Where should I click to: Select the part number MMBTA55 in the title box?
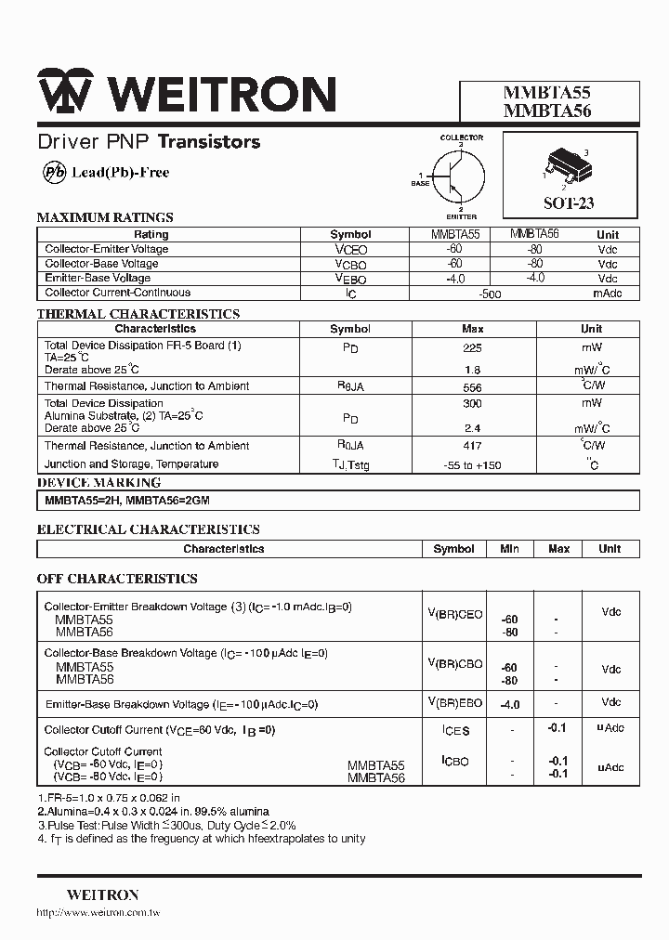click(546, 93)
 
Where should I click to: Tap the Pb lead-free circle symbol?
click(56, 173)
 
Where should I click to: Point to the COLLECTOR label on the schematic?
click(461, 137)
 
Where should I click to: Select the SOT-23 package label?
click(569, 203)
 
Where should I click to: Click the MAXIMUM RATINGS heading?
click(105, 217)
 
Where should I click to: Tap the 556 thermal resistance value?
click(473, 386)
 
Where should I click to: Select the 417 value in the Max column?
click(473, 446)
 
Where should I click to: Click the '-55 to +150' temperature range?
click(473, 464)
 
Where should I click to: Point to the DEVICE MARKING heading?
click(98, 483)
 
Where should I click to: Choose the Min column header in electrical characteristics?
click(509, 549)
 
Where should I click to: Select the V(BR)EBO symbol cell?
click(454, 703)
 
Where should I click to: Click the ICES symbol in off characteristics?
click(455, 731)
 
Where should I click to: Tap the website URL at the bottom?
click(98, 914)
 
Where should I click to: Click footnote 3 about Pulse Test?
click(167, 825)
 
